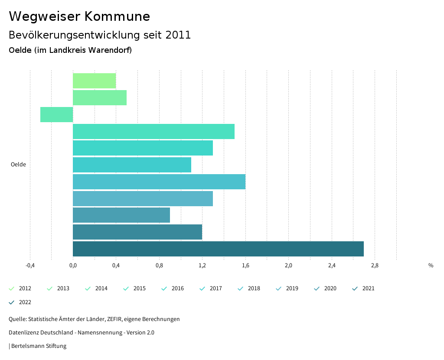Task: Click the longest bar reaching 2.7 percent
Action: click(218, 249)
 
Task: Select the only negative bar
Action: click(56, 114)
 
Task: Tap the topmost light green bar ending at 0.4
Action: click(94, 81)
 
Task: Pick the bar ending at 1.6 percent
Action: click(159, 182)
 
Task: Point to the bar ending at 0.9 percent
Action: click(121, 215)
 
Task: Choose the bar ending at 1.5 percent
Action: click(153, 131)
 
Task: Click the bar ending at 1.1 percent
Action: click(132, 165)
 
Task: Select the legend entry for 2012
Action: click(20, 289)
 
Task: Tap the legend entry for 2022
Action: click(20, 302)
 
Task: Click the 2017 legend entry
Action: click(211, 289)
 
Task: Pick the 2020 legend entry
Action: click(326, 289)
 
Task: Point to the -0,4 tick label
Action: click(30, 266)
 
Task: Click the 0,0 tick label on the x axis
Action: click(73, 266)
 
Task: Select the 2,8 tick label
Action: click(375, 266)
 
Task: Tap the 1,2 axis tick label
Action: click(202, 266)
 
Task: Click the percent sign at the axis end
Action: click(431, 266)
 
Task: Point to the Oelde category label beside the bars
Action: click(18, 165)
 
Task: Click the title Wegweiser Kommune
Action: click(79, 16)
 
